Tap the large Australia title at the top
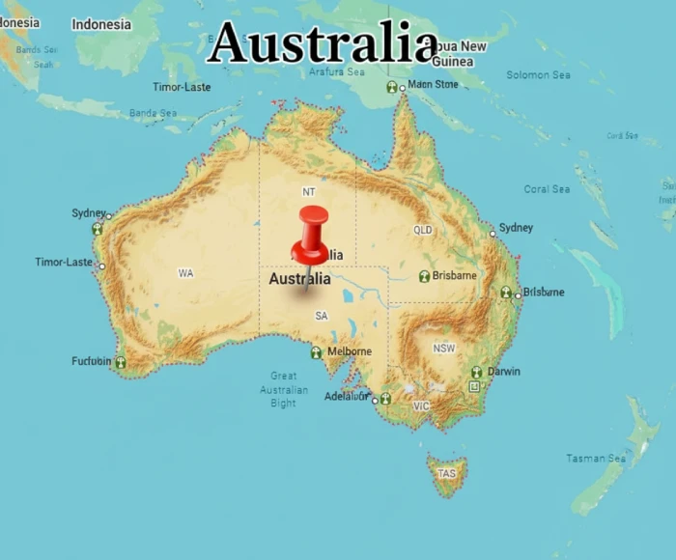[323, 43]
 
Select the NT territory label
[309, 192]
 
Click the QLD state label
[423, 231]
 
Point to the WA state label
[185, 273]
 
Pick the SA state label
[322, 316]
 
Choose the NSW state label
[444, 348]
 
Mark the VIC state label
[421, 406]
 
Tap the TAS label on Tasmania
[446, 474]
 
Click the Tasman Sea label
[596, 459]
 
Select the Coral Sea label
[547, 189]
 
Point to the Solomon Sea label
[539, 75]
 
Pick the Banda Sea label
[154, 113]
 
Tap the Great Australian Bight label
[284, 389]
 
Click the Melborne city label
[349, 351]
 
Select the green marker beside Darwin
[476, 372]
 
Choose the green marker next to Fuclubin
[120, 363]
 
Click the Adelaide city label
[346, 396]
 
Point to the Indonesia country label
[101, 24]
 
